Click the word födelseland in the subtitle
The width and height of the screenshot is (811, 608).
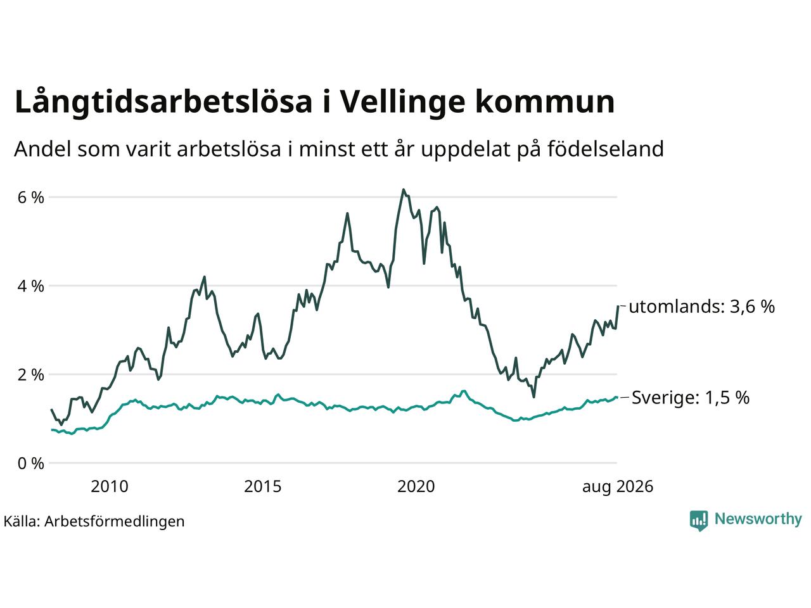(x=606, y=149)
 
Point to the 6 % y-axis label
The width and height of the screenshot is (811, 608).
(x=30, y=198)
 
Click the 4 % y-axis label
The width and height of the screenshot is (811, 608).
(x=30, y=286)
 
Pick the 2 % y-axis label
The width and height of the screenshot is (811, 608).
(x=30, y=375)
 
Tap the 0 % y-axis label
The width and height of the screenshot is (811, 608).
(x=30, y=464)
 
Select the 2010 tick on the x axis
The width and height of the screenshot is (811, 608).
(x=110, y=486)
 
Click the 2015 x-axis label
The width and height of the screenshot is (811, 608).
(x=263, y=486)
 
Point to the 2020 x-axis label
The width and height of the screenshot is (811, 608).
(x=416, y=486)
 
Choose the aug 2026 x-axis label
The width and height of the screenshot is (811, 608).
(x=618, y=487)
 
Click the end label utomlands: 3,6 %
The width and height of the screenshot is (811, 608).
(x=701, y=307)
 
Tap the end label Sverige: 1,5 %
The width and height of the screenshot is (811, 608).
(x=691, y=398)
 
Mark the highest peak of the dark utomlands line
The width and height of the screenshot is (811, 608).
(x=404, y=190)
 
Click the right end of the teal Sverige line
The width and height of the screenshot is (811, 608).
(x=616, y=397)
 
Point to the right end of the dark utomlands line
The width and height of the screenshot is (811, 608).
(x=618, y=306)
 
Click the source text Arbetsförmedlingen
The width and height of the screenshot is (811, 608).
(x=115, y=522)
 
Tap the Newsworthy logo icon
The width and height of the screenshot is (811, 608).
(x=699, y=521)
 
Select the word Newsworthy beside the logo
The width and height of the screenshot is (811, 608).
(x=758, y=519)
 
